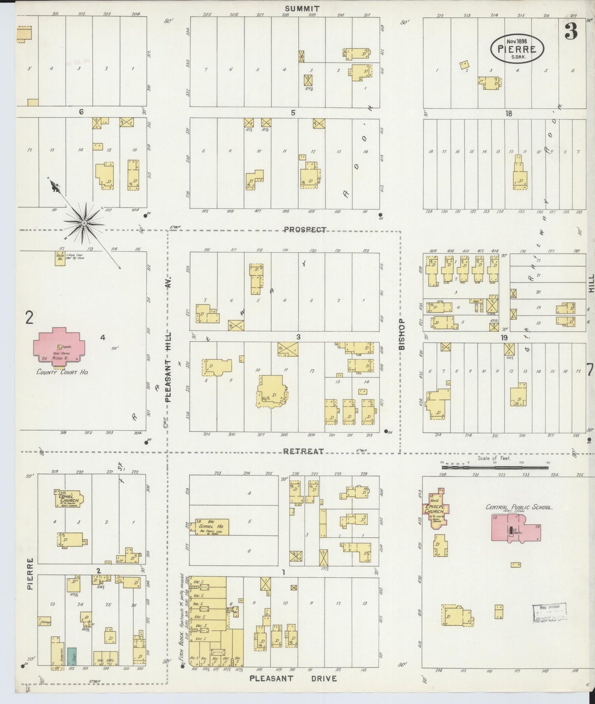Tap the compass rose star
point(84,223)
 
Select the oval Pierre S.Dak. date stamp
point(517,49)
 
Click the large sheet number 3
point(571,31)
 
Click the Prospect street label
point(305,230)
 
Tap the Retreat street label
point(303,452)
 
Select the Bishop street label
point(402,334)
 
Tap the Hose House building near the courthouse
point(61,258)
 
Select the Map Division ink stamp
point(549,613)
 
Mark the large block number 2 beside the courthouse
point(29,318)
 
